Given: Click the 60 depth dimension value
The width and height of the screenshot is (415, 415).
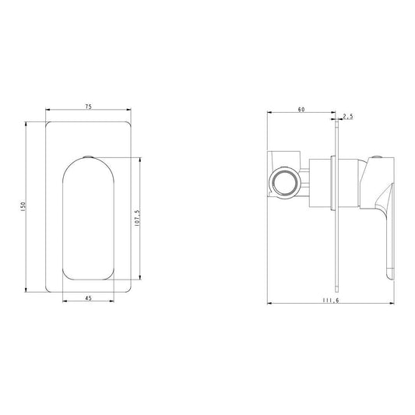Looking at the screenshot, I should point(301,110).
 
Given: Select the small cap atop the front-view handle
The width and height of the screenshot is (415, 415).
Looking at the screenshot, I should point(87,157).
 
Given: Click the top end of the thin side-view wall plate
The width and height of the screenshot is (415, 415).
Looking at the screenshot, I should point(338,128).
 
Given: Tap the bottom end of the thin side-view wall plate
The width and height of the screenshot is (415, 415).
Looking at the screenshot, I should point(338,286).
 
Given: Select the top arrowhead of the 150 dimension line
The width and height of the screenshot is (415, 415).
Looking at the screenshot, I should point(29,124).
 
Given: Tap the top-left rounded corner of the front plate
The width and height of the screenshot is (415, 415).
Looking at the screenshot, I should point(50,125).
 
